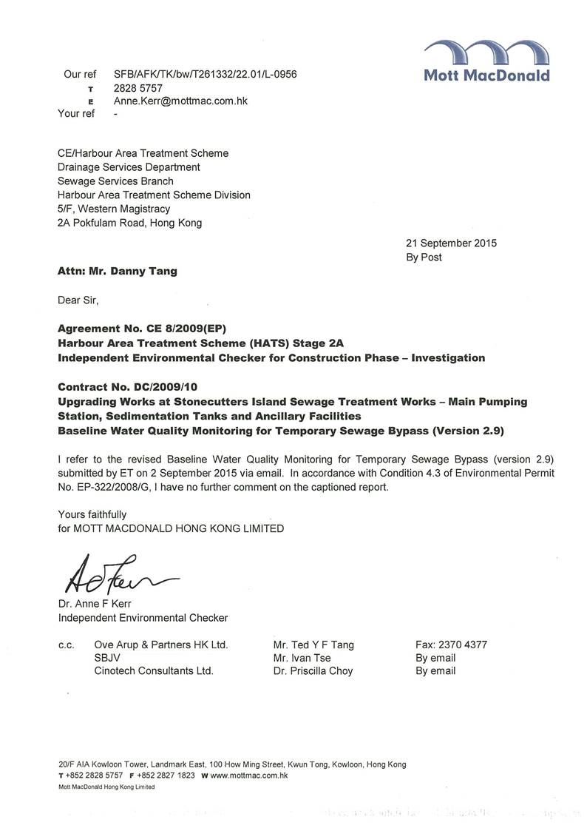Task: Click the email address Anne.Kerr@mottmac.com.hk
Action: click(x=180, y=101)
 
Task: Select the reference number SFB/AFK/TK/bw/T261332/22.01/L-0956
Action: click(x=206, y=75)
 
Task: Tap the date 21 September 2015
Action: click(x=451, y=243)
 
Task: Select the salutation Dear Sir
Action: click(x=78, y=300)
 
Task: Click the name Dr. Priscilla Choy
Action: click(x=313, y=671)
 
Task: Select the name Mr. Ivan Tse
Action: click(x=302, y=658)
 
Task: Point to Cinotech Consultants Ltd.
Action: click(x=154, y=671)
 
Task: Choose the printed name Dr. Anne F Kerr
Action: click(x=95, y=604)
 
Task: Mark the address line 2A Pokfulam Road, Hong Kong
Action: click(x=129, y=222)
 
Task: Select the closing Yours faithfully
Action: click(x=92, y=514)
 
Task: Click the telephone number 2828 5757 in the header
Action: click(x=138, y=88)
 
